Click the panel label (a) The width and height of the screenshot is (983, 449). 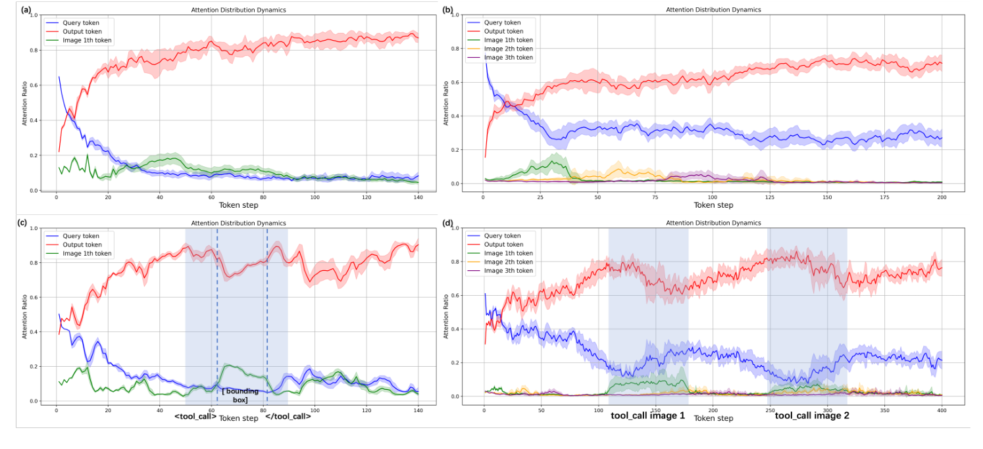(x=26, y=10)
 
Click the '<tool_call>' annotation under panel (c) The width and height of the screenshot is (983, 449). (x=195, y=417)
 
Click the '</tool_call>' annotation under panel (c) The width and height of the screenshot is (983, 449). (x=288, y=417)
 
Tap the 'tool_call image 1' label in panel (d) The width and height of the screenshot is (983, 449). (x=647, y=415)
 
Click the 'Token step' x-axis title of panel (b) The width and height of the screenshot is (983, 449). (x=713, y=205)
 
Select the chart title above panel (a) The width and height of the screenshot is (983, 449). (x=229, y=10)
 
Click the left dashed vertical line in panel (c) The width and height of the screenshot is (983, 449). (x=217, y=316)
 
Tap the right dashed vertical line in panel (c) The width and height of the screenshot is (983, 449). (x=267, y=316)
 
